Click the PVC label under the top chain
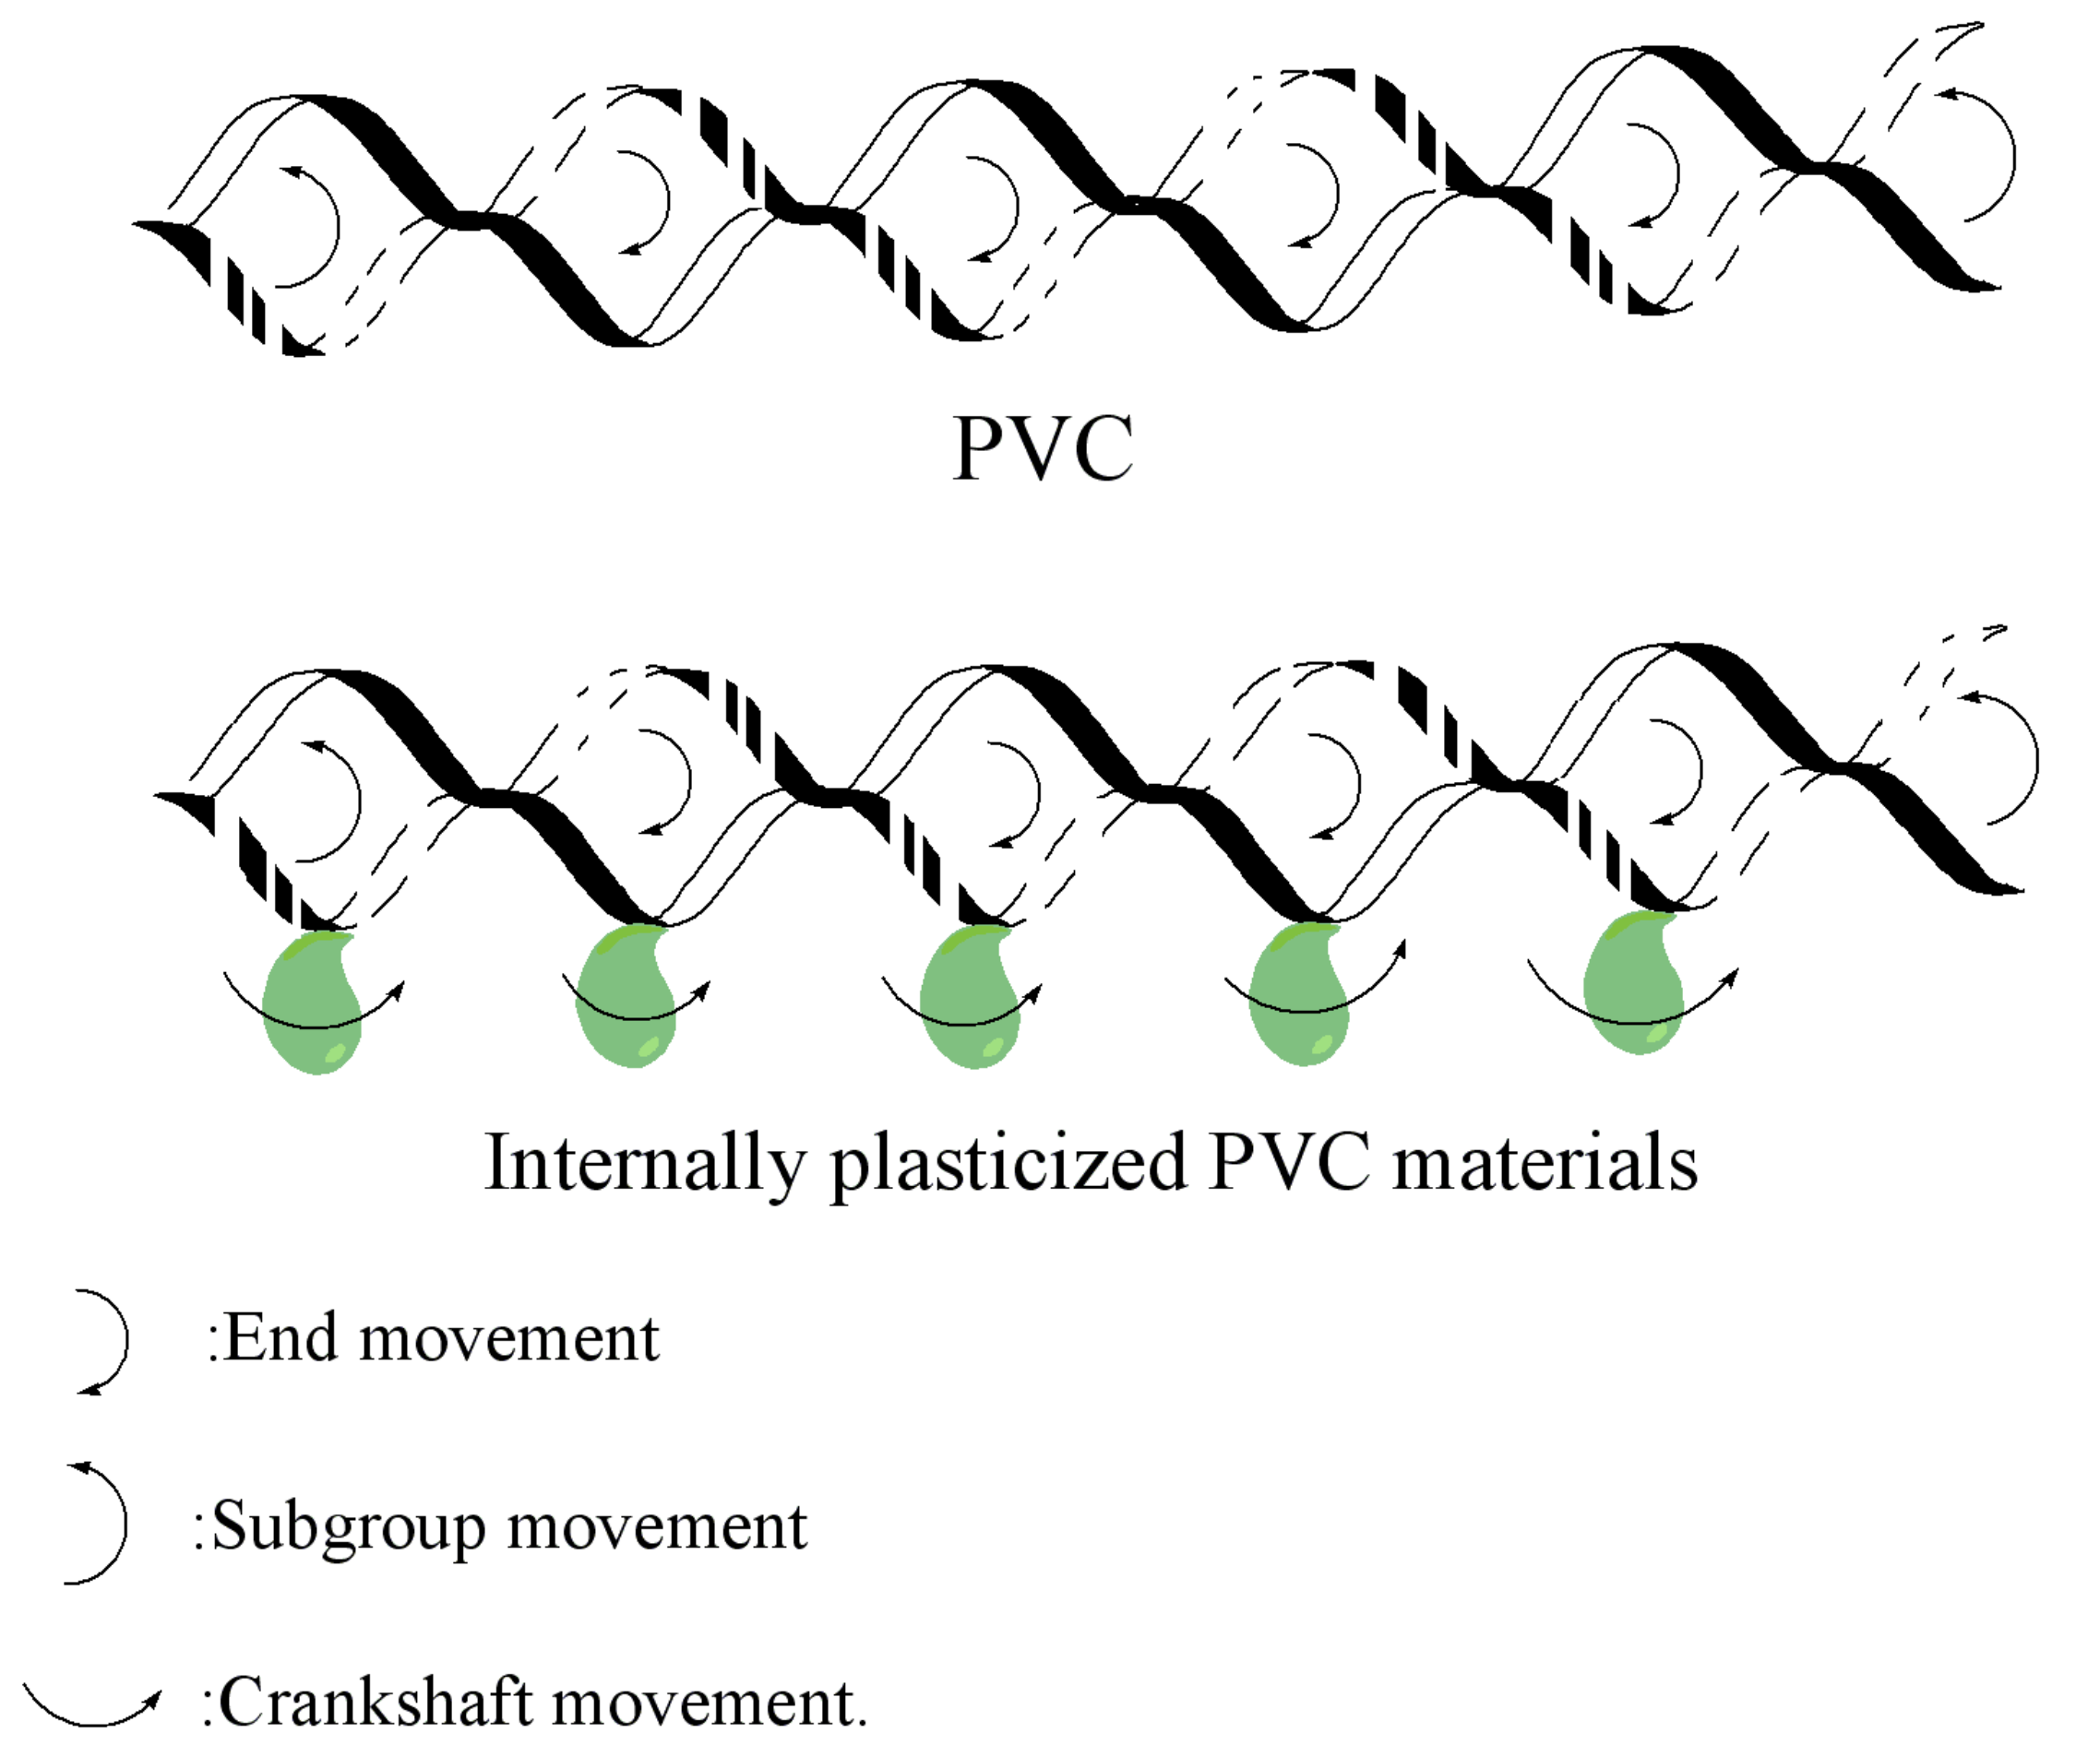click(x=1042, y=448)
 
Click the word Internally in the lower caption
click(x=642, y=1162)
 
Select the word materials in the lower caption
click(x=1544, y=1162)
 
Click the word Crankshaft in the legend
click(x=375, y=1704)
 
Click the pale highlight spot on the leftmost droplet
click(x=337, y=1052)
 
